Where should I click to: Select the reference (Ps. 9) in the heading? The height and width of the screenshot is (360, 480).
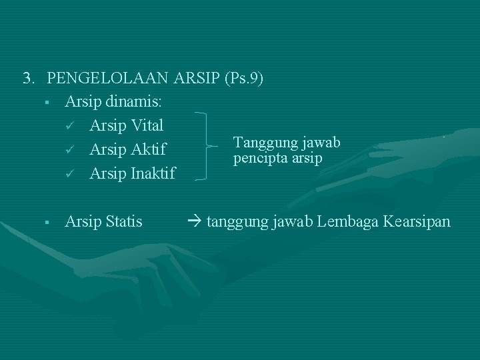pyautogui.click(x=245, y=79)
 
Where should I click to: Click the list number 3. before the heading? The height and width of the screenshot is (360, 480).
pyautogui.click(x=29, y=79)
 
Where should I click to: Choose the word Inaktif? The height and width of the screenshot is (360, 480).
pyautogui.click(x=151, y=173)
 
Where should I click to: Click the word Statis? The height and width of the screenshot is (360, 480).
pyautogui.click(x=123, y=221)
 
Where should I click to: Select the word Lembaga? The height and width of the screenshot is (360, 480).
pyautogui.click(x=349, y=221)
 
